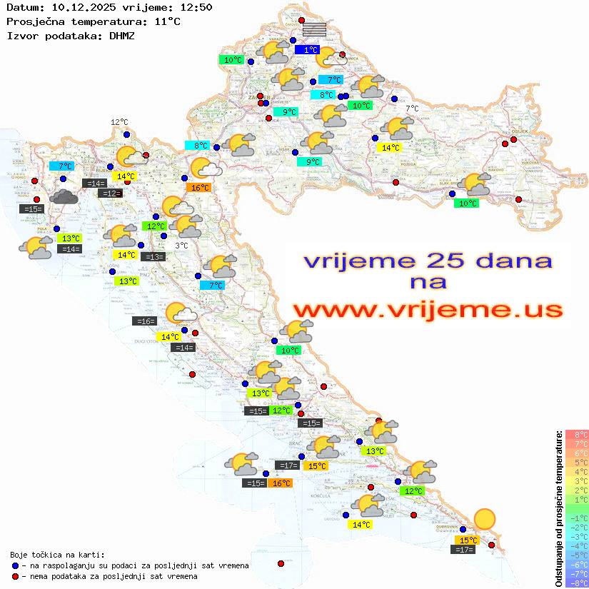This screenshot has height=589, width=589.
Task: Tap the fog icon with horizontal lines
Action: (x=314, y=29)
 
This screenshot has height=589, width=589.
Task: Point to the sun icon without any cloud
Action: (x=485, y=519)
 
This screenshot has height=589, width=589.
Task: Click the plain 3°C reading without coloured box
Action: (x=181, y=246)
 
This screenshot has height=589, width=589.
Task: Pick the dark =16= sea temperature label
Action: (x=144, y=321)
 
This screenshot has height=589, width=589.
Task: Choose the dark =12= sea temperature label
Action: (x=110, y=193)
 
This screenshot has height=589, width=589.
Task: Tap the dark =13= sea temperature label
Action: (x=153, y=256)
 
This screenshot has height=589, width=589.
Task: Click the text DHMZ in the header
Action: (x=121, y=35)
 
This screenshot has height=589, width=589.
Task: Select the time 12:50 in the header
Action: (x=195, y=7)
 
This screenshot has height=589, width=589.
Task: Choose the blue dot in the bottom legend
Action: (x=15, y=565)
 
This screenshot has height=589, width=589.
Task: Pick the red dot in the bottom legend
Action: (x=15, y=576)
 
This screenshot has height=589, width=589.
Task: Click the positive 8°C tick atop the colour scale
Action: (x=576, y=434)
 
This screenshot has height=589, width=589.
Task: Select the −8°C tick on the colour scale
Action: (x=576, y=583)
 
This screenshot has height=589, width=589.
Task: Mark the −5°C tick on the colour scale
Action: (x=576, y=555)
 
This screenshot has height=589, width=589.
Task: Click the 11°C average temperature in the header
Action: (x=166, y=21)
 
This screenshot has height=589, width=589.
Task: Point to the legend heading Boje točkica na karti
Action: (x=57, y=554)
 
